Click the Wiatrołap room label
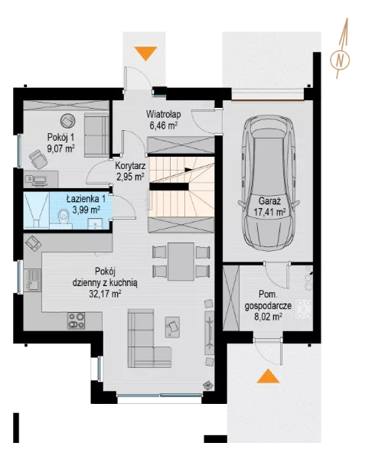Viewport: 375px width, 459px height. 163,113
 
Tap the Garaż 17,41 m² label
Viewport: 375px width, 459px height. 269,207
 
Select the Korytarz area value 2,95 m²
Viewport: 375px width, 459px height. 130,177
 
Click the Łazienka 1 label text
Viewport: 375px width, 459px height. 86,199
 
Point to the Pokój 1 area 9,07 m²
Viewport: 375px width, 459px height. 61,148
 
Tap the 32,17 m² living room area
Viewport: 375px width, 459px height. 105,294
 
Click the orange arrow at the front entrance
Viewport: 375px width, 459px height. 145,54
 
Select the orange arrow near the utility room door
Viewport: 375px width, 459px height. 268,376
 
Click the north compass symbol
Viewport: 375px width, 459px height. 340,60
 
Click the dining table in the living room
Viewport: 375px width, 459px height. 181,261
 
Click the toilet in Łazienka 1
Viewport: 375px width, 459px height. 64,217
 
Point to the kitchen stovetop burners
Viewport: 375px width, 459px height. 76,321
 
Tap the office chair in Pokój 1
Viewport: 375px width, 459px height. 38,159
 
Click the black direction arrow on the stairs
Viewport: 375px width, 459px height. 188,169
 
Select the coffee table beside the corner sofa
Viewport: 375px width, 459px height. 172,327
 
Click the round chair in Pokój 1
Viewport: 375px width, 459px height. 68,121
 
